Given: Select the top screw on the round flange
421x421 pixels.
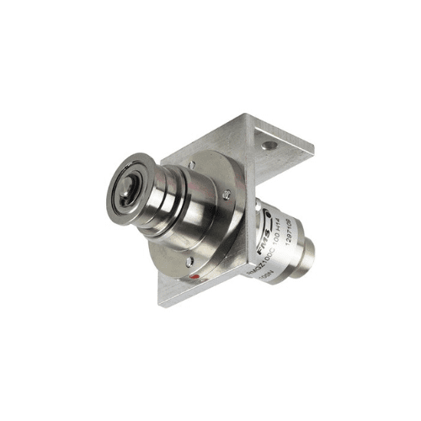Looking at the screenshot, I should click(193, 165).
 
